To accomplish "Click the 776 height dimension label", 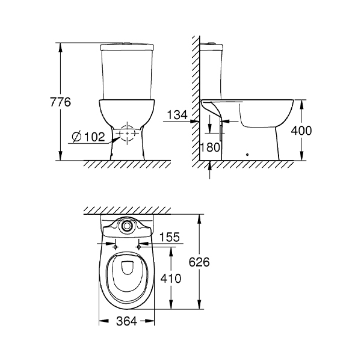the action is pyautogui.click(x=61, y=102).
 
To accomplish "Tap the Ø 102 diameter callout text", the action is pyautogui.click(x=88, y=137).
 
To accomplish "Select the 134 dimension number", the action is pyautogui.click(x=177, y=115).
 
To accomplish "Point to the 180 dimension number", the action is pyautogui.click(x=210, y=147).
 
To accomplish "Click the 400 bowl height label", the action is pyautogui.click(x=301, y=131).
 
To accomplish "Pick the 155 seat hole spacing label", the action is pyautogui.click(x=169, y=237).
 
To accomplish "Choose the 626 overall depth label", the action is pyautogui.click(x=199, y=262).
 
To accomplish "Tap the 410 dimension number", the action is pyautogui.click(x=171, y=279).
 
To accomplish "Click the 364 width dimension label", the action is pyautogui.click(x=126, y=321).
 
